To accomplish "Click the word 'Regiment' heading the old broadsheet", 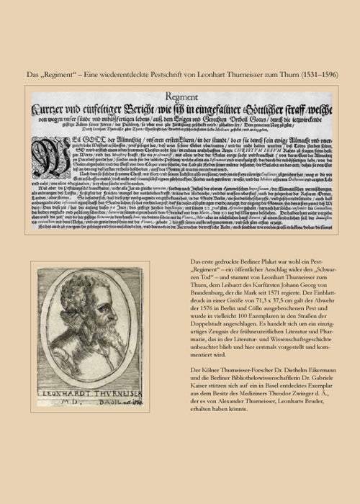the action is [180, 92].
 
